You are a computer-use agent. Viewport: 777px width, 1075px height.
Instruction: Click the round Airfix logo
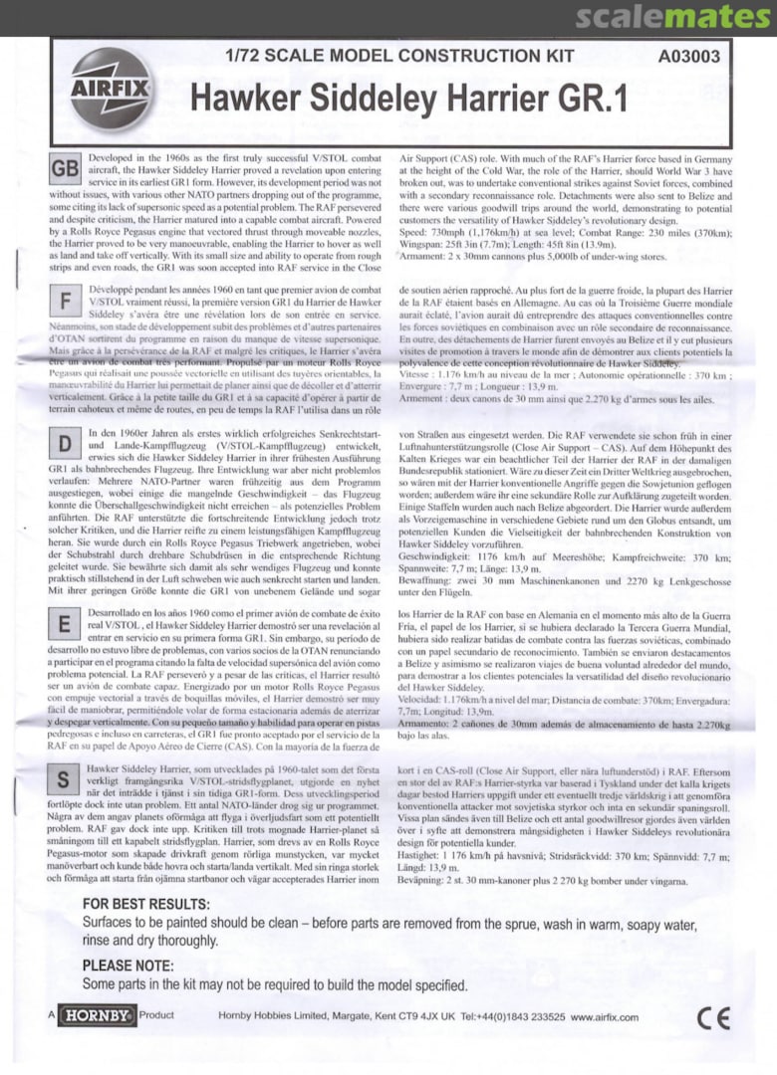[x=111, y=90]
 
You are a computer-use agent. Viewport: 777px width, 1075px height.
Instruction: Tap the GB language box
[x=65, y=171]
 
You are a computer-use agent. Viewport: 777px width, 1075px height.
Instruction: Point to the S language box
[x=65, y=778]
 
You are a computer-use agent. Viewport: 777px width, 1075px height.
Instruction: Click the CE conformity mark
[x=713, y=1017]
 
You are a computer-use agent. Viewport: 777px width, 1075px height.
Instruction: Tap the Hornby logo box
[x=97, y=1016]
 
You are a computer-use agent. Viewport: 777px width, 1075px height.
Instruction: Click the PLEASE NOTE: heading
[x=133, y=966]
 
